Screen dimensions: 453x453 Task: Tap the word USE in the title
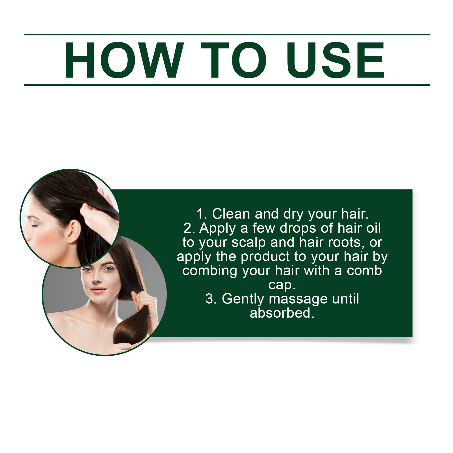click(x=336, y=60)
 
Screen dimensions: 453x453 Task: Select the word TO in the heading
click(x=234, y=60)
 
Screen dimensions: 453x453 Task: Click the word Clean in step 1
click(x=231, y=214)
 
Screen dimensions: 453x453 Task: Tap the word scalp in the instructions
click(x=249, y=243)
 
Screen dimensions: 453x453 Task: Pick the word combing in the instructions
click(x=210, y=271)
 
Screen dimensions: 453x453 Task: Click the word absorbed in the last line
click(x=280, y=313)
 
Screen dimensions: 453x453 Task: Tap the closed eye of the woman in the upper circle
click(x=35, y=225)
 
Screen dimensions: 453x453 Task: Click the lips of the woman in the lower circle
click(x=98, y=290)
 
